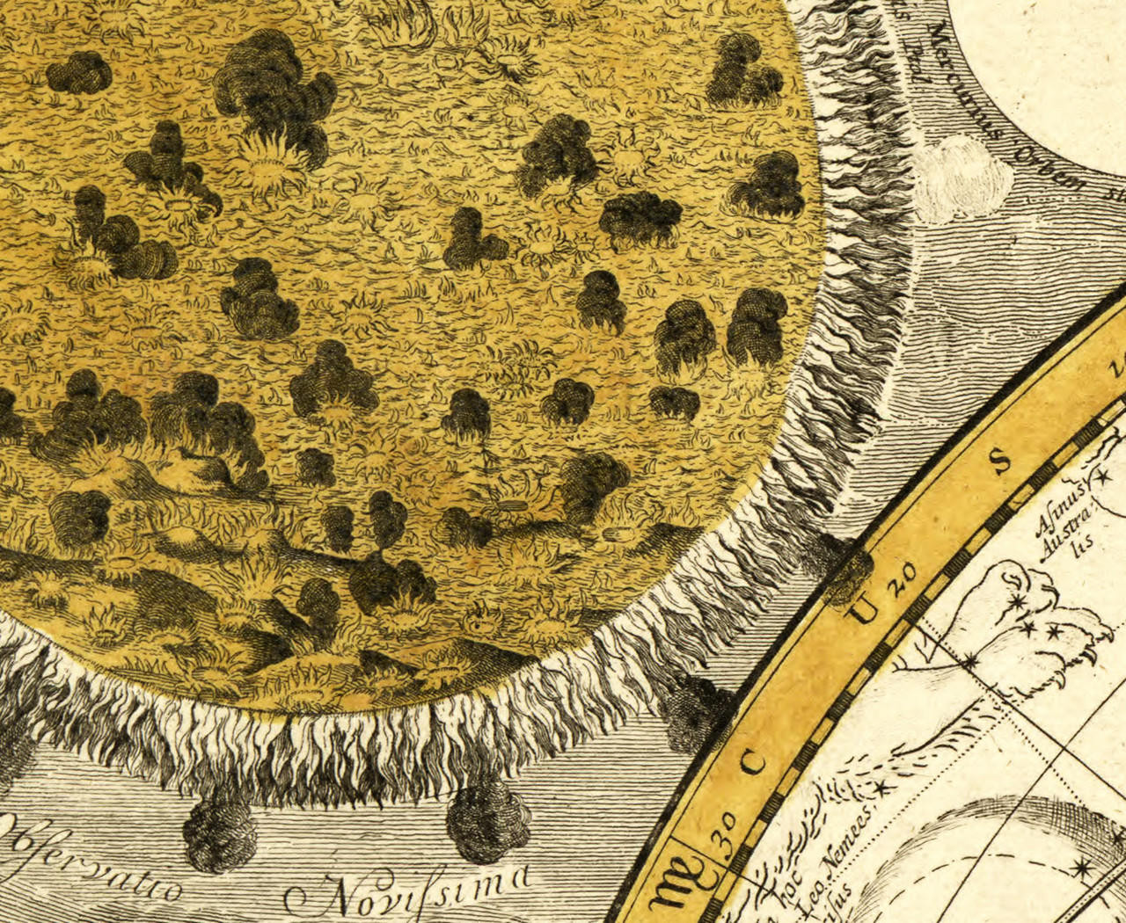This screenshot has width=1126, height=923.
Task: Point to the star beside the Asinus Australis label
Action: [1100, 480]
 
